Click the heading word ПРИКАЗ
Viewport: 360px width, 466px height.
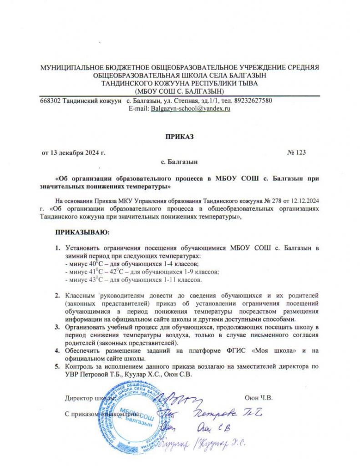[x=180, y=136]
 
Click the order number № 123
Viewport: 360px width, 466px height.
[x=296, y=152]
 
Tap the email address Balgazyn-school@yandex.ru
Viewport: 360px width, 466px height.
[x=191, y=109]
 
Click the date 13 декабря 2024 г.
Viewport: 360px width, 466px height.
[x=79, y=152]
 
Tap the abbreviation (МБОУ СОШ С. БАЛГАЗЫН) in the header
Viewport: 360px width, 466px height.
[x=180, y=91]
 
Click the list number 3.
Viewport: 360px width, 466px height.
[x=58, y=327]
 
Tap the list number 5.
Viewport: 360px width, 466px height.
[x=58, y=366]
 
